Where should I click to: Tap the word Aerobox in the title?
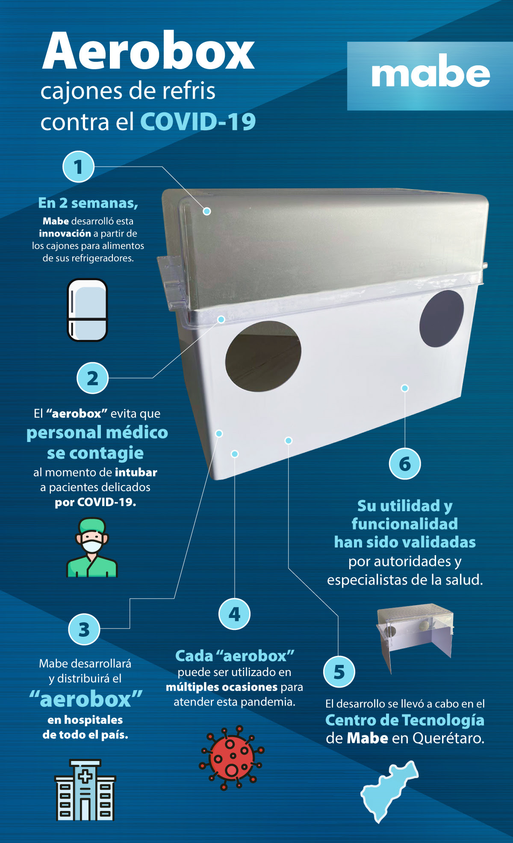point(149,51)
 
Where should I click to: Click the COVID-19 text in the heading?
point(198,122)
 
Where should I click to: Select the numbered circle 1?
point(78,167)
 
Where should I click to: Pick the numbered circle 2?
point(92,378)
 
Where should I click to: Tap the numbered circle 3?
point(84,629)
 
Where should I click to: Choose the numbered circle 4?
point(234,614)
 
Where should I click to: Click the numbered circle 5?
point(339,672)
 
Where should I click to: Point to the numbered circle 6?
point(405,464)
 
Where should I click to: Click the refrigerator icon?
point(87,310)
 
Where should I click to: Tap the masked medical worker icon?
point(92,547)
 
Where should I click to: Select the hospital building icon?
point(85,790)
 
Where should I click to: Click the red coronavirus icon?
point(232,758)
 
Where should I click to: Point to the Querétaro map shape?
point(388,790)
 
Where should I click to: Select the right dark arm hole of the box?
point(441,319)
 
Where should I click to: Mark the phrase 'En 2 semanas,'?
point(88,203)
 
